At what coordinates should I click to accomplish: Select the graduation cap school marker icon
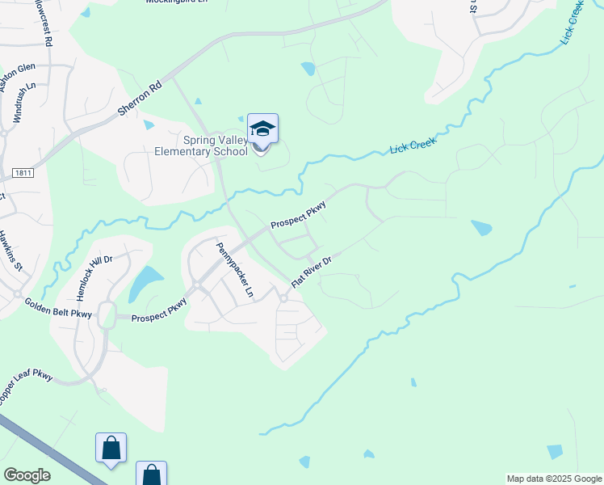click(x=262, y=129)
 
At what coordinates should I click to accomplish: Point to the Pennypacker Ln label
click(x=234, y=268)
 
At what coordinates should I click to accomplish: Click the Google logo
click(x=27, y=475)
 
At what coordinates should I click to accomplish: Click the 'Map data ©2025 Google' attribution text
click(x=554, y=479)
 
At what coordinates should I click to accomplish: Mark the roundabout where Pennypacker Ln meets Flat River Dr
click(x=283, y=298)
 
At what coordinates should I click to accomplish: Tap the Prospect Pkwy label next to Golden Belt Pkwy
click(x=160, y=312)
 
